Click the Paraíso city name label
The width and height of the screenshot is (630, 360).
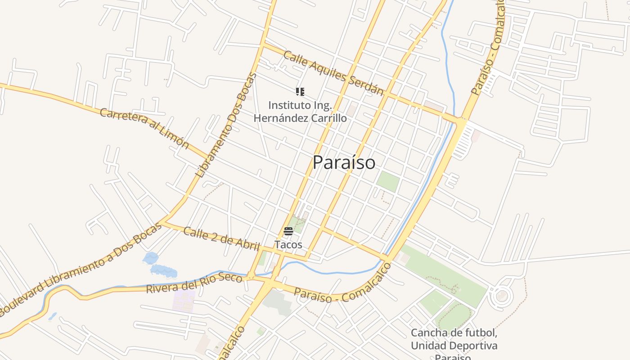344,162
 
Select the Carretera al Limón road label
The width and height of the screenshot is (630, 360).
144,128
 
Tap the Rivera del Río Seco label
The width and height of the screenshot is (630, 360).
194,283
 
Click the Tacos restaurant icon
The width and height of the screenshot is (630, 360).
288,232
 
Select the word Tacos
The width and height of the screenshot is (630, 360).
288,245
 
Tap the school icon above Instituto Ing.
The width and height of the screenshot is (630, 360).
300,92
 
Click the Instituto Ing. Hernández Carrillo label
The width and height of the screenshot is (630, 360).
300,112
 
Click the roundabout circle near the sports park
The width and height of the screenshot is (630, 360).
501,296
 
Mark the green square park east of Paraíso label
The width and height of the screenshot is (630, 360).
388,181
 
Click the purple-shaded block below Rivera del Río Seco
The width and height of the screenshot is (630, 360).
184,301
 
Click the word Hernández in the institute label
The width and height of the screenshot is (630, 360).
281,118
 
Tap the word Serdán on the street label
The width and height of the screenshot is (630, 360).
371,87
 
